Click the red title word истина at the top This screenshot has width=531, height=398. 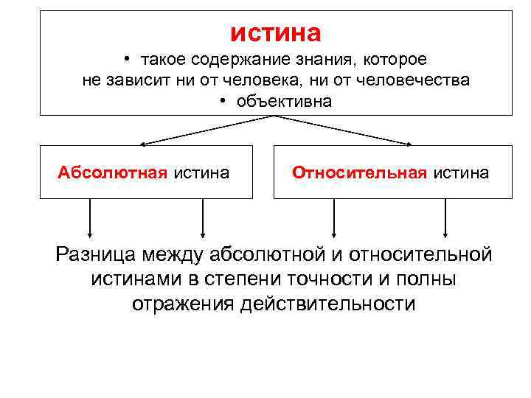[276, 33]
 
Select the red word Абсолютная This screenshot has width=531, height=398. [114, 172]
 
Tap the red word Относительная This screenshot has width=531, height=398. [359, 172]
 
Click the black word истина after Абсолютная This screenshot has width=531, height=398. [201, 172]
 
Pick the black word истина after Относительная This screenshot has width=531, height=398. [460, 172]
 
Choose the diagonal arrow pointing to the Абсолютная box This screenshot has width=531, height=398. [206, 130]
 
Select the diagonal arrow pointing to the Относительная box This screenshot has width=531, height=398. [343, 130]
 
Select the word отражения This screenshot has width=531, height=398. [184, 304]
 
